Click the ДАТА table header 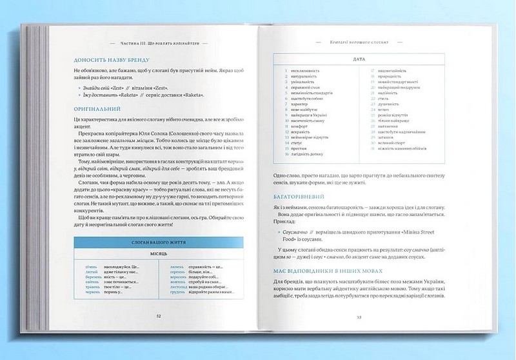point(360,59)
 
